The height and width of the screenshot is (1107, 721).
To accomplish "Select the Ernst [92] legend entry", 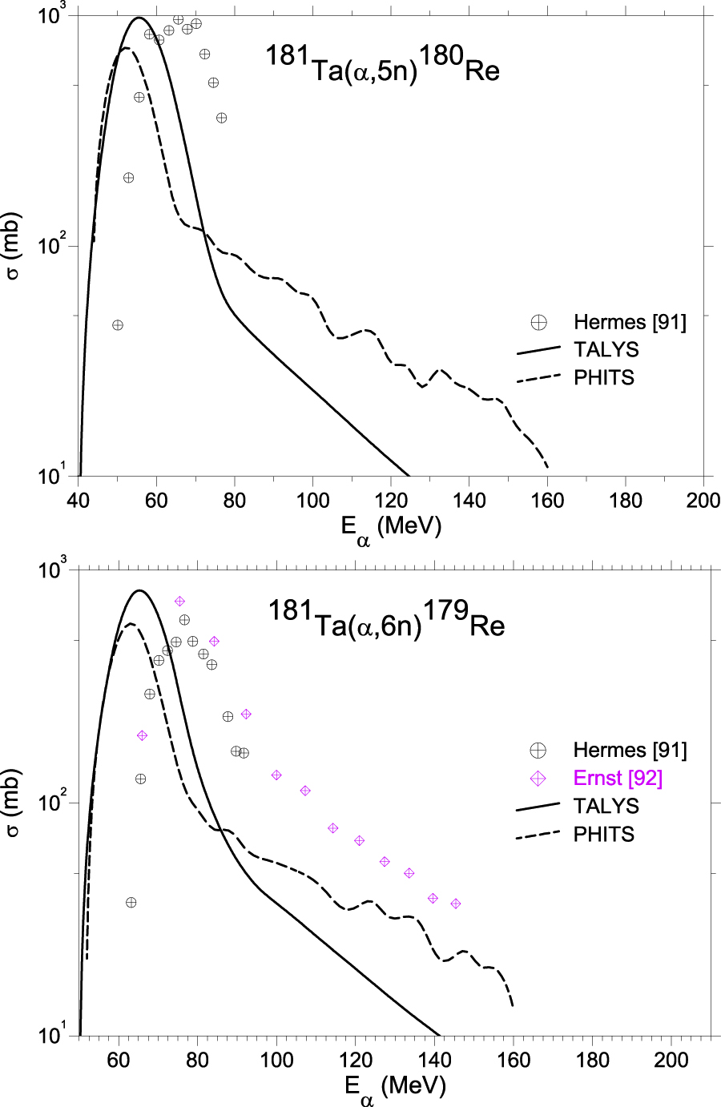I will [x=618, y=779].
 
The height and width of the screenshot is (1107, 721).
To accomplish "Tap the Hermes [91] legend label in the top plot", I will [x=630, y=322].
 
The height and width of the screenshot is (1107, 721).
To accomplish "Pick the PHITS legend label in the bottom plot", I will [x=604, y=835].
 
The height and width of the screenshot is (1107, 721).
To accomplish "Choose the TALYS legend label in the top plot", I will [x=606, y=350].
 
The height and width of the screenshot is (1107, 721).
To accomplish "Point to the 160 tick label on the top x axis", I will [x=548, y=501].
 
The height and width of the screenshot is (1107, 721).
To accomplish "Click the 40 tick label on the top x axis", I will [x=78, y=501].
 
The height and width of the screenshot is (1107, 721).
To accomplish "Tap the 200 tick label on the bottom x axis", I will [x=671, y=1060].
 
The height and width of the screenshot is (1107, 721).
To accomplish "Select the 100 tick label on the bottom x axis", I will [x=276, y=1060].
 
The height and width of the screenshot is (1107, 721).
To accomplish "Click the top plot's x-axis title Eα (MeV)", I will [x=391, y=528].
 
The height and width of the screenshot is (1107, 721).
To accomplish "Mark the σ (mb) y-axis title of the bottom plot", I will [x=14, y=803].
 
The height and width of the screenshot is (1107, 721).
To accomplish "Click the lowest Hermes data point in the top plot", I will [x=118, y=325].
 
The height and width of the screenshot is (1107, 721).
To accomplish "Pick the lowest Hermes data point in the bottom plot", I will [x=131, y=903].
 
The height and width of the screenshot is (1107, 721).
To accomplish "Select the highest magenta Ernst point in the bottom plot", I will [x=179, y=601].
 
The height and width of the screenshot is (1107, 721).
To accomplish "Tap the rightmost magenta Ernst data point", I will [x=456, y=904].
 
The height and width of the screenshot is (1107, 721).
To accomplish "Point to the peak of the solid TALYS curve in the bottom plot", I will [x=140, y=590].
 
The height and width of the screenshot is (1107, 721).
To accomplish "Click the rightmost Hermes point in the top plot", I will [x=222, y=118].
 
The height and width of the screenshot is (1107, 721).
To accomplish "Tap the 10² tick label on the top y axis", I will [x=53, y=245].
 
